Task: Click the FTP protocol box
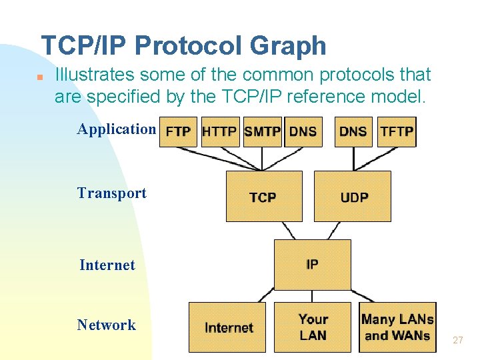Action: point(178,131)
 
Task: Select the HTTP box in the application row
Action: point(219,131)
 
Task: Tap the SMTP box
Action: point(262,131)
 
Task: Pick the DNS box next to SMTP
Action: point(303,131)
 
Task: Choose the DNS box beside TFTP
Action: point(353,131)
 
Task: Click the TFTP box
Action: point(397,131)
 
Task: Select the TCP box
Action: point(263,197)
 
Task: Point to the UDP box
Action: point(353,197)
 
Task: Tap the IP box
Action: point(312,265)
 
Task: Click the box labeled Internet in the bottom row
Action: point(227,327)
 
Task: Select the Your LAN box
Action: point(312,327)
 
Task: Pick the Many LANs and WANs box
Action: point(397,327)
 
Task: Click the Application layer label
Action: point(116,129)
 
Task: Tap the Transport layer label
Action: point(111,193)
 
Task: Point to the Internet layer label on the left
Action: point(107,265)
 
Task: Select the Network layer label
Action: point(106,325)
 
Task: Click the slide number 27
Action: point(457,341)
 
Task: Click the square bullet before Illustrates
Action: point(40,77)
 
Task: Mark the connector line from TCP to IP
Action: point(289,231)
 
